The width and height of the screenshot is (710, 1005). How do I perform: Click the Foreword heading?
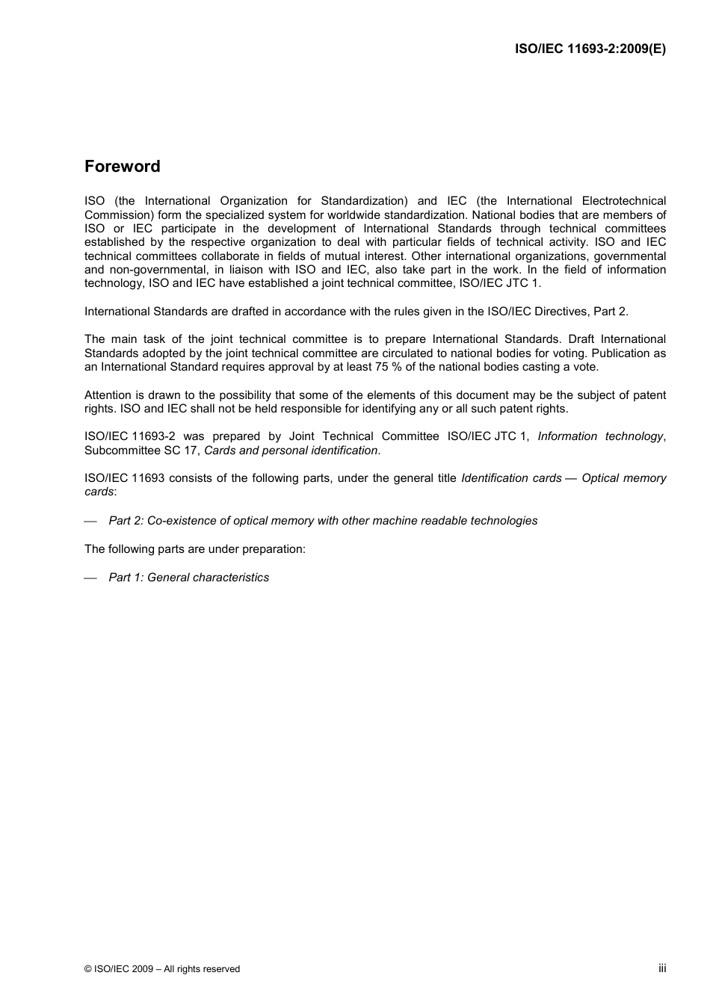pyautogui.click(x=122, y=167)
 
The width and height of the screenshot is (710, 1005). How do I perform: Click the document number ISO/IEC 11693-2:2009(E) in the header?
pyautogui.click(x=590, y=49)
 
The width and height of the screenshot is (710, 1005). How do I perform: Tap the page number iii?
pyautogui.click(x=662, y=968)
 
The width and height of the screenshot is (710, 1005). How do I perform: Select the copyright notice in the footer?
pyautogui.click(x=162, y=969)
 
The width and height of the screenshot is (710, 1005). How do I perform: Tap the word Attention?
pyautogui.click(x=109, y=395)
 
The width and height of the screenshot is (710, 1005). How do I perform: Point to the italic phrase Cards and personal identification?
pyautogui.click(x=291, y=451)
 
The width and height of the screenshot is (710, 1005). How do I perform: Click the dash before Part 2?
pyautogui.click(x=90, y=522)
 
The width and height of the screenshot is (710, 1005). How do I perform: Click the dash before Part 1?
pyautogui.click(x=90, y=578)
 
